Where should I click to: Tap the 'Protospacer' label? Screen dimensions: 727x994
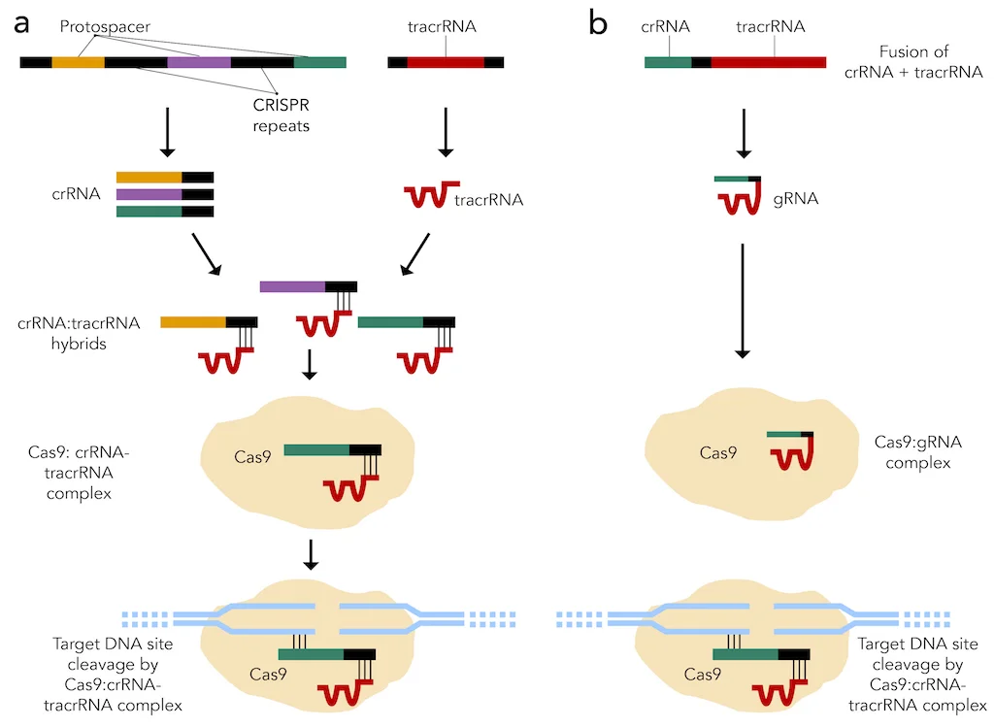[x=104, y=27]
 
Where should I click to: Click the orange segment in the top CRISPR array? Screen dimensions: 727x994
[x=78, y=62]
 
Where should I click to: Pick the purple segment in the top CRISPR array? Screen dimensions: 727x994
[x=199, y=62]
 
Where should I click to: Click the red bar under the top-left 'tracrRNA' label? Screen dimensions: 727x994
[x=446, y=62]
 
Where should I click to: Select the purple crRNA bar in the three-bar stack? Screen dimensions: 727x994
[x=149, y=194]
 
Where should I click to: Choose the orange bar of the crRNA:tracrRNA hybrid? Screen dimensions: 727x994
[x=192, y=322]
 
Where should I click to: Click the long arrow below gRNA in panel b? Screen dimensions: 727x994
[x=743, y=300]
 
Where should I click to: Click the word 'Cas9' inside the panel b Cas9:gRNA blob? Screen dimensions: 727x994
[x=718, y=451]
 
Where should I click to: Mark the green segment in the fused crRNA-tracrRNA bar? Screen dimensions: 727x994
[x=668, y=62]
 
